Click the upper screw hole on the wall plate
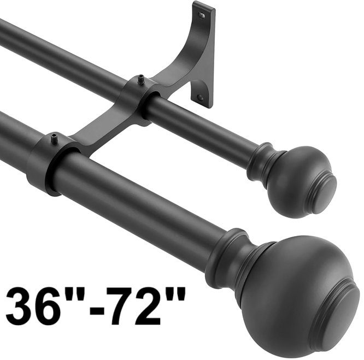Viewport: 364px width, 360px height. pyautogui.click(x=202, y=15)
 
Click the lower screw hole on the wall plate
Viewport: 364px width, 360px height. pyautogui.click(x=201, y=97)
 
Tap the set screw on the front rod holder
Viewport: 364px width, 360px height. pyautogui.click(x=54, y=138)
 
